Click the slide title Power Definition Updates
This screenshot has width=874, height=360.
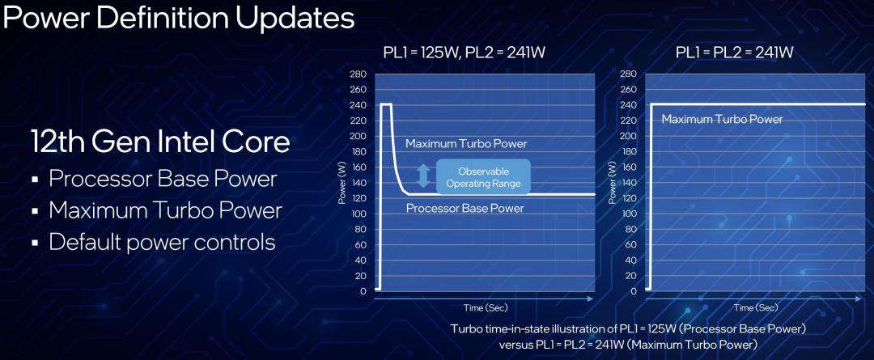(178, 17)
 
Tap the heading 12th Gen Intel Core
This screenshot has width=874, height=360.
(160, 142)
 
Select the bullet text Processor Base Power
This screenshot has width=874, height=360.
(163, 179)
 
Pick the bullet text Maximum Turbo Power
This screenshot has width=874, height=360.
(166, 210)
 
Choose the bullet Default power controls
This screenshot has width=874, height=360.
(162, 243)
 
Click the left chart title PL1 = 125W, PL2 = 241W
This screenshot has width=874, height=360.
(464, 53)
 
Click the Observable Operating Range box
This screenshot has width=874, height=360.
(483, 177)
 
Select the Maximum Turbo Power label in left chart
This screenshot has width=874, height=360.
(466, 144)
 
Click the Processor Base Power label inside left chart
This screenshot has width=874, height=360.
(465, 209)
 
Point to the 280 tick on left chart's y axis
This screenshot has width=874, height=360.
(358, 74)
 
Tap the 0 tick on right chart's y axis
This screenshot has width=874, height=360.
(633, 291)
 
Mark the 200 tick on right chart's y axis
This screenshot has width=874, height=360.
(628, 136)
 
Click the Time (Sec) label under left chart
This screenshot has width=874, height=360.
(486, 307)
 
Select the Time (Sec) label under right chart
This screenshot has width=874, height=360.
(756, 307)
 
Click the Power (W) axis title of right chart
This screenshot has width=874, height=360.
(613, 183)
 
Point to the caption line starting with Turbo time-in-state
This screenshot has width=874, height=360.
(628, 328)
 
